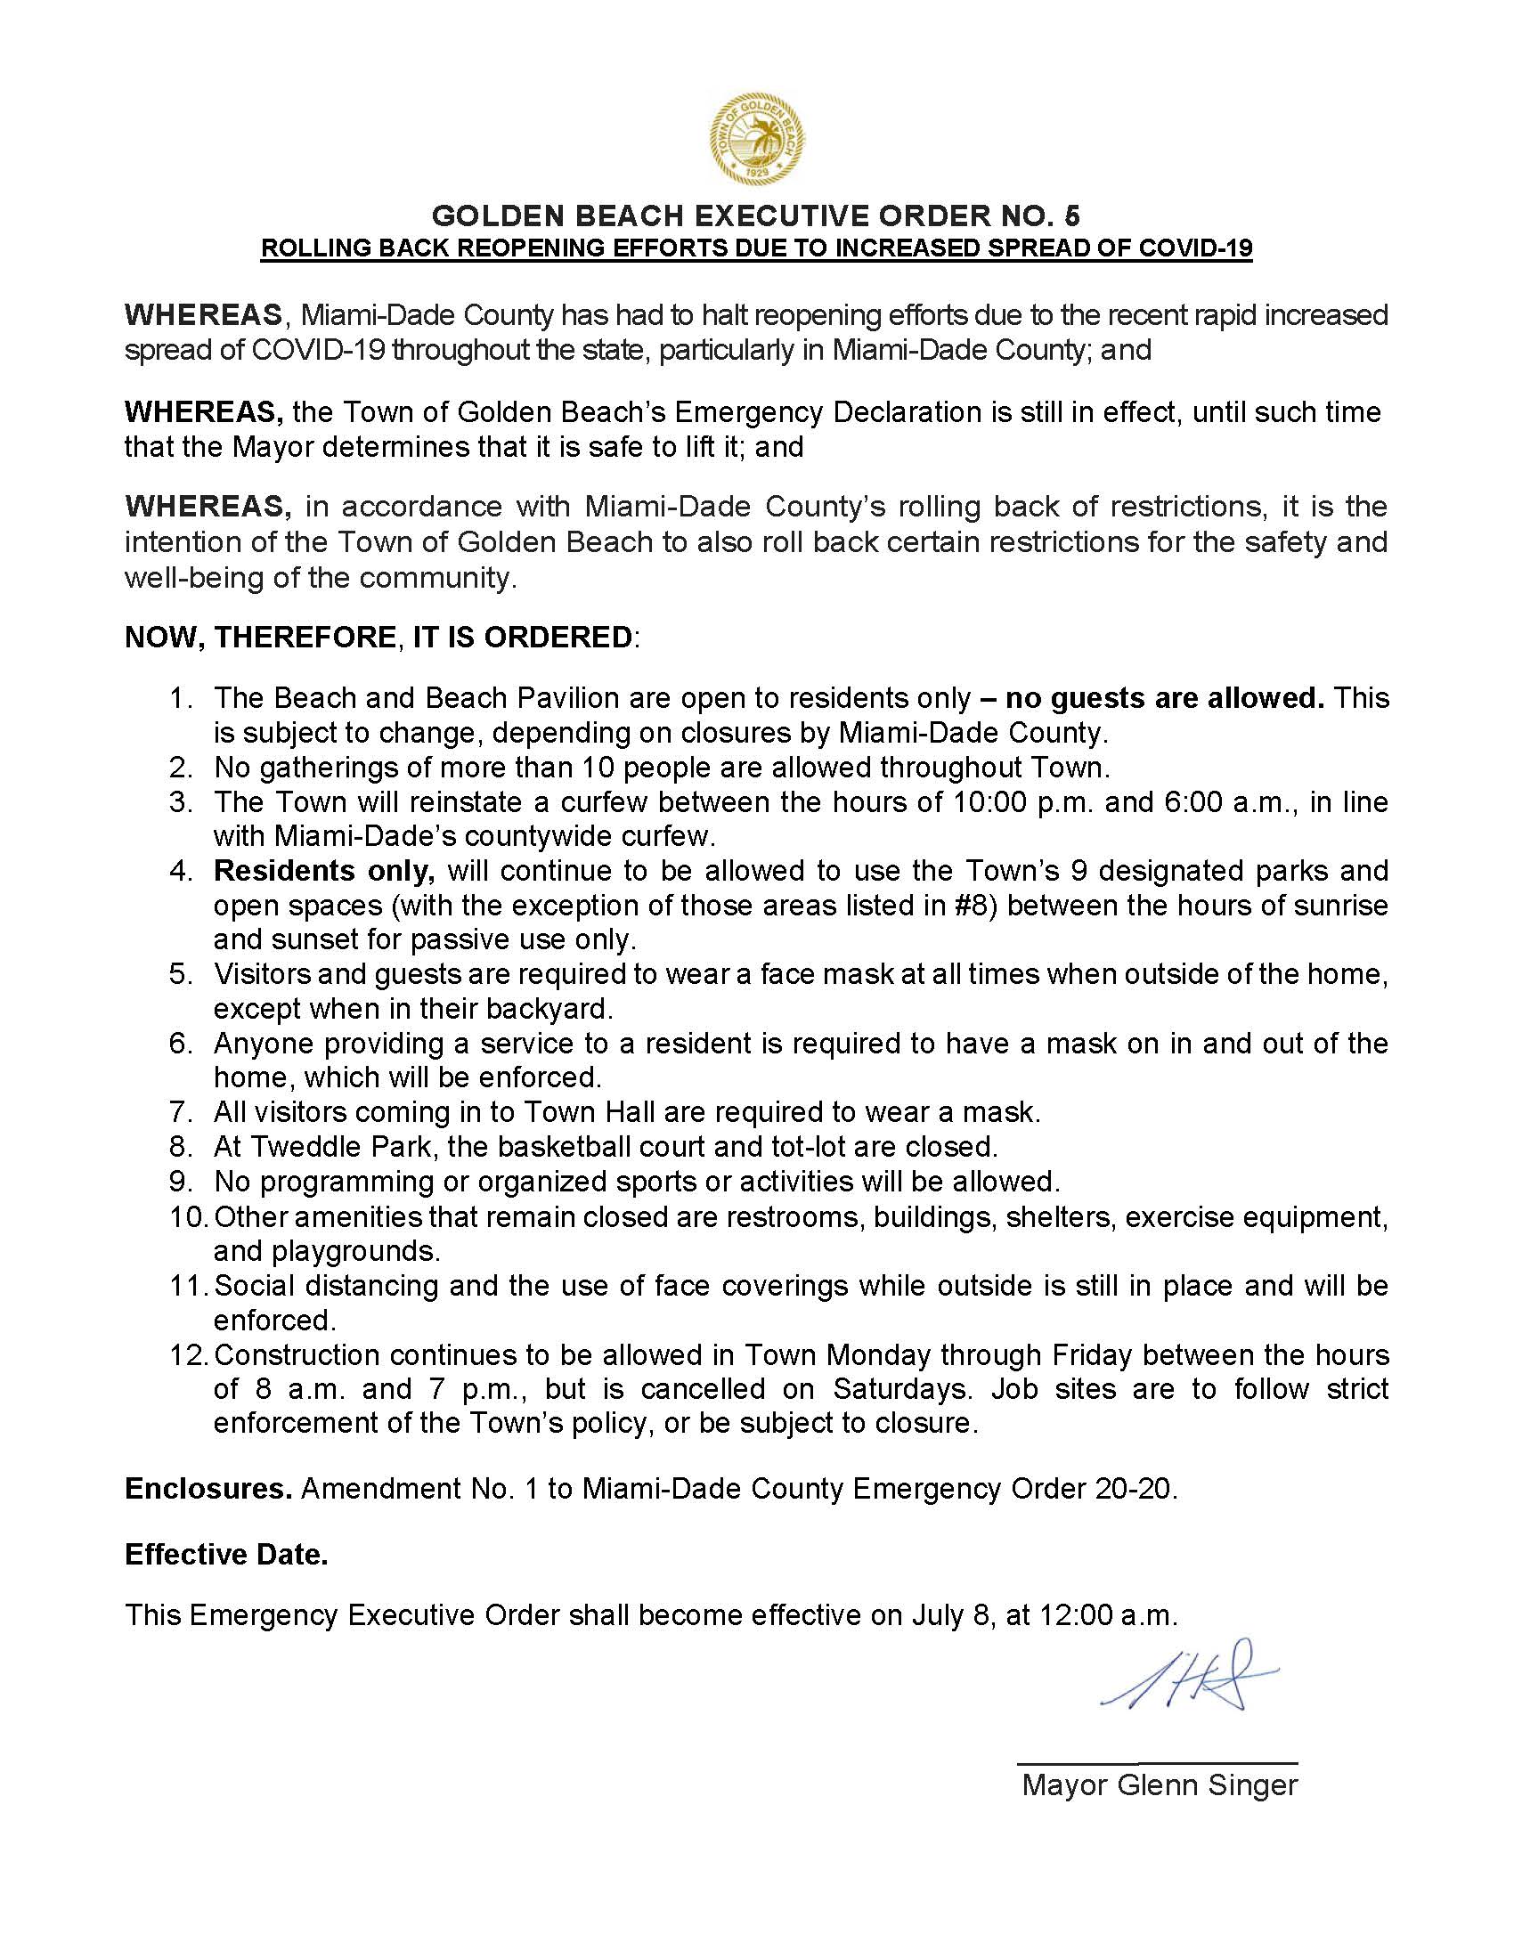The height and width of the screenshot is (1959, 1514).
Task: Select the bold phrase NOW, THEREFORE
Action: pos(260,637)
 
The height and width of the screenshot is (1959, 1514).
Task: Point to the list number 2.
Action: pos(180,768)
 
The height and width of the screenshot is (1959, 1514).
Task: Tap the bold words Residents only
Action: pos(324,871)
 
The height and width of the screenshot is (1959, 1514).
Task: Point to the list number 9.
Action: pos(180,1183)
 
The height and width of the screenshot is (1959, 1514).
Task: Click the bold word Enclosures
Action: pos(208,1489)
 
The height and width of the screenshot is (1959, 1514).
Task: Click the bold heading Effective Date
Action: pos(226,1555)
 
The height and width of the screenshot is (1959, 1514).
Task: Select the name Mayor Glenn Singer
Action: pos(1159,1785)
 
